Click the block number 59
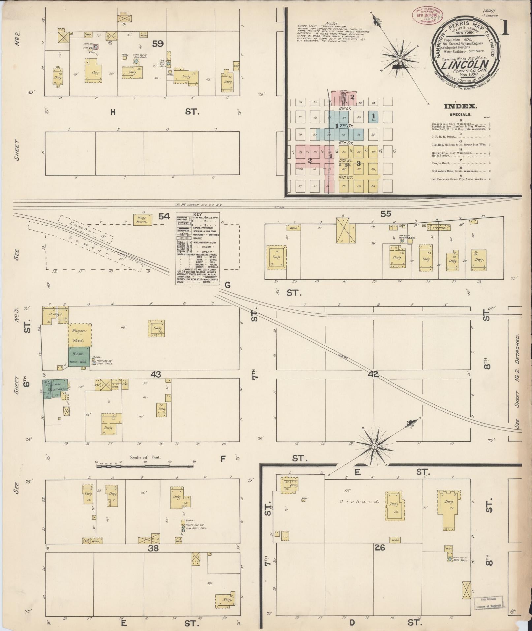coord(158,43)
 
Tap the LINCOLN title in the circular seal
coord(465,65)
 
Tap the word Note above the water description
coord(331,23)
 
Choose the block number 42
coord(374,374)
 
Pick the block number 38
coord(154,548)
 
